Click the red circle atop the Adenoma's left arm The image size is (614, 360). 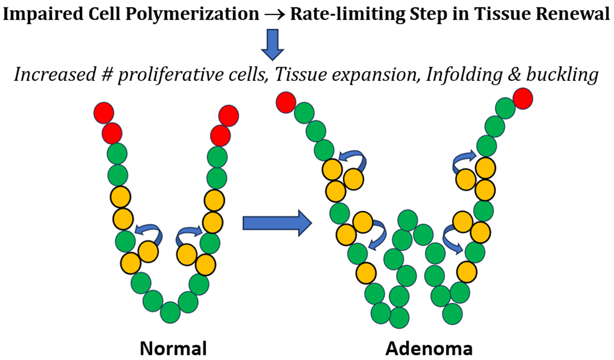287,102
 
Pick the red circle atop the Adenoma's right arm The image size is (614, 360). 522,98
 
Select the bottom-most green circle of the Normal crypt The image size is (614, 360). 171,313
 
